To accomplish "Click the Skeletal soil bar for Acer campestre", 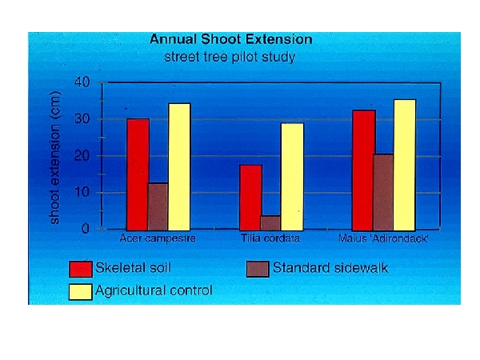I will coord(138,174).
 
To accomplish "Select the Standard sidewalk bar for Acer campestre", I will coord(158,206).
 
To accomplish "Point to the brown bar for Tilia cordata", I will coord(270,222).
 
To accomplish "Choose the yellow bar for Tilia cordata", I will coord(292,176).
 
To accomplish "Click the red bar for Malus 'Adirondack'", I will coord(363,170).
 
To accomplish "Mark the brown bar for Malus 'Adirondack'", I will coord(383,192).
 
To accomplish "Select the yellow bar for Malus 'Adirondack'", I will coord(404,165).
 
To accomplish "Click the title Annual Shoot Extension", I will coord(230,39).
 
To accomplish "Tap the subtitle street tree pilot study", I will coord(230,56).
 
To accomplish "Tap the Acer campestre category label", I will coord(158,238).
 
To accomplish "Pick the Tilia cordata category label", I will coord(271,238).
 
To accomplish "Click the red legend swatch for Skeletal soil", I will coord(82,268).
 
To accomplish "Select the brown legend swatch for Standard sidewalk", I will coord(258,268).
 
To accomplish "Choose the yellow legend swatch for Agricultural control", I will coord(82,291).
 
